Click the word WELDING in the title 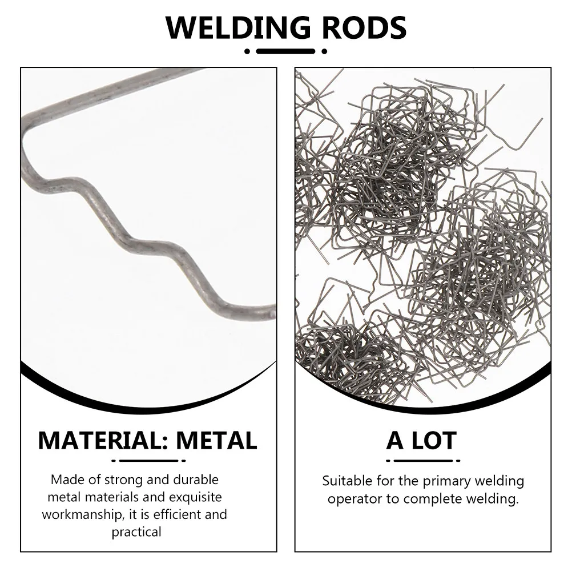pos(238,27)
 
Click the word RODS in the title pos(364,27)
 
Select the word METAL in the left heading pos(217,440)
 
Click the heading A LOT pos(421,440)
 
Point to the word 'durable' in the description pos(196,480)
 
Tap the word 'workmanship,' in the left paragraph pos(82,515)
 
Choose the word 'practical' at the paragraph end pos(136,532)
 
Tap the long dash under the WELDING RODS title pos(285,51)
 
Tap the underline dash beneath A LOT pos(423,461)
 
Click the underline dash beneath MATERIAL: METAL pos(149,461)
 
